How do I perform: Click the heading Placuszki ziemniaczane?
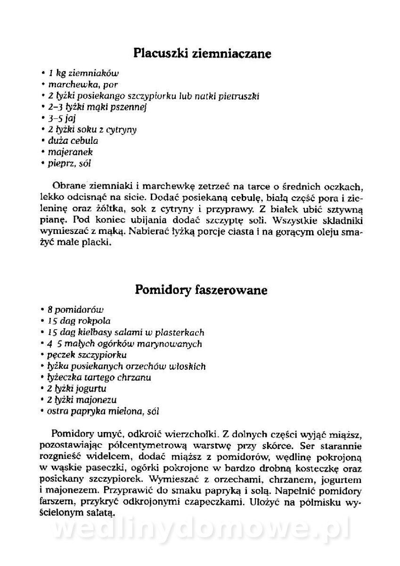202,53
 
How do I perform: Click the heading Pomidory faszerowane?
201,290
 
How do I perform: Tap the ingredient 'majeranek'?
70,152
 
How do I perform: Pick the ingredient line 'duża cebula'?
73,141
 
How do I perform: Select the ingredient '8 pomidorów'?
75,309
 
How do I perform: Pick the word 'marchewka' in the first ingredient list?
68,84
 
